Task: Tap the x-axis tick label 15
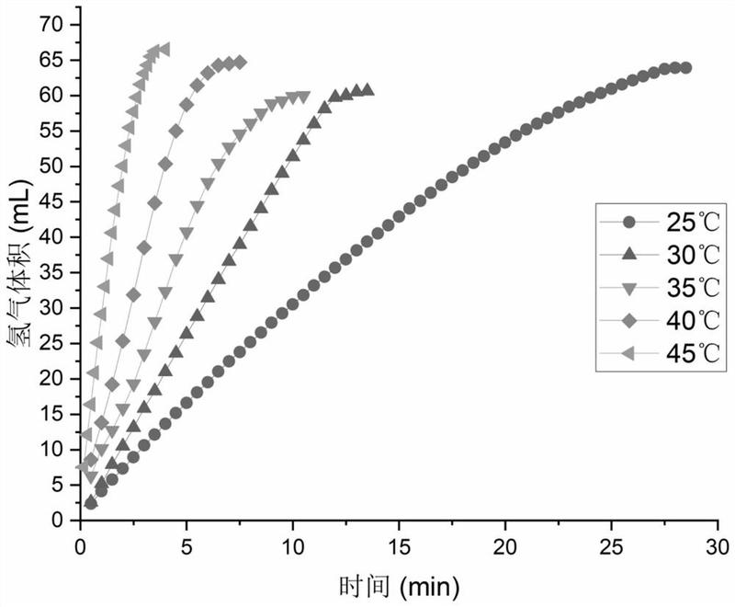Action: pyautogui.click(x=399, y=544)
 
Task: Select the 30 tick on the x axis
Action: pyautogui.click(x=718, y=544)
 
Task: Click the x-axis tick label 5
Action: pyautogui.click(x=187, y=544)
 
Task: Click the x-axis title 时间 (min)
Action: pyautogui.click(x=398, y=583)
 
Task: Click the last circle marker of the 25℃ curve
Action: pyautogui.click(x=685, y=67)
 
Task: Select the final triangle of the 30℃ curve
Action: pyautogui.click(x=367, y=89)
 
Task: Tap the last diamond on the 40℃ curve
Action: pyautogui.click(x=240, y=63)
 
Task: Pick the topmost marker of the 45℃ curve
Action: pyautogui.click(x=164, y=49)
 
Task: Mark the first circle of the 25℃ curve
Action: pyautogui.click(x=90, y=502)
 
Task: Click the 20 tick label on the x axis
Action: pyautogui.click(x=505, y=544)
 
